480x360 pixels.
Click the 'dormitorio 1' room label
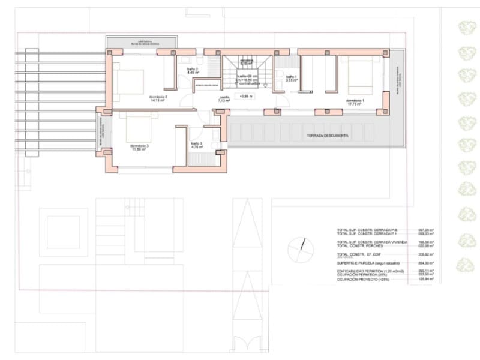pos(355,100)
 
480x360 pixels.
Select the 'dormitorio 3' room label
pos(139,145)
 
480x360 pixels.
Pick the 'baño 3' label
pos(197,143)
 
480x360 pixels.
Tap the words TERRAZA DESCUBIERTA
pos(327,137)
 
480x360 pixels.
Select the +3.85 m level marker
pos(246,96)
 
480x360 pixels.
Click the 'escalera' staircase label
pos(246,61)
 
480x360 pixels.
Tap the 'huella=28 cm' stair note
pos(247,77)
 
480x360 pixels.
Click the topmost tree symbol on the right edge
pos(466,28)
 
